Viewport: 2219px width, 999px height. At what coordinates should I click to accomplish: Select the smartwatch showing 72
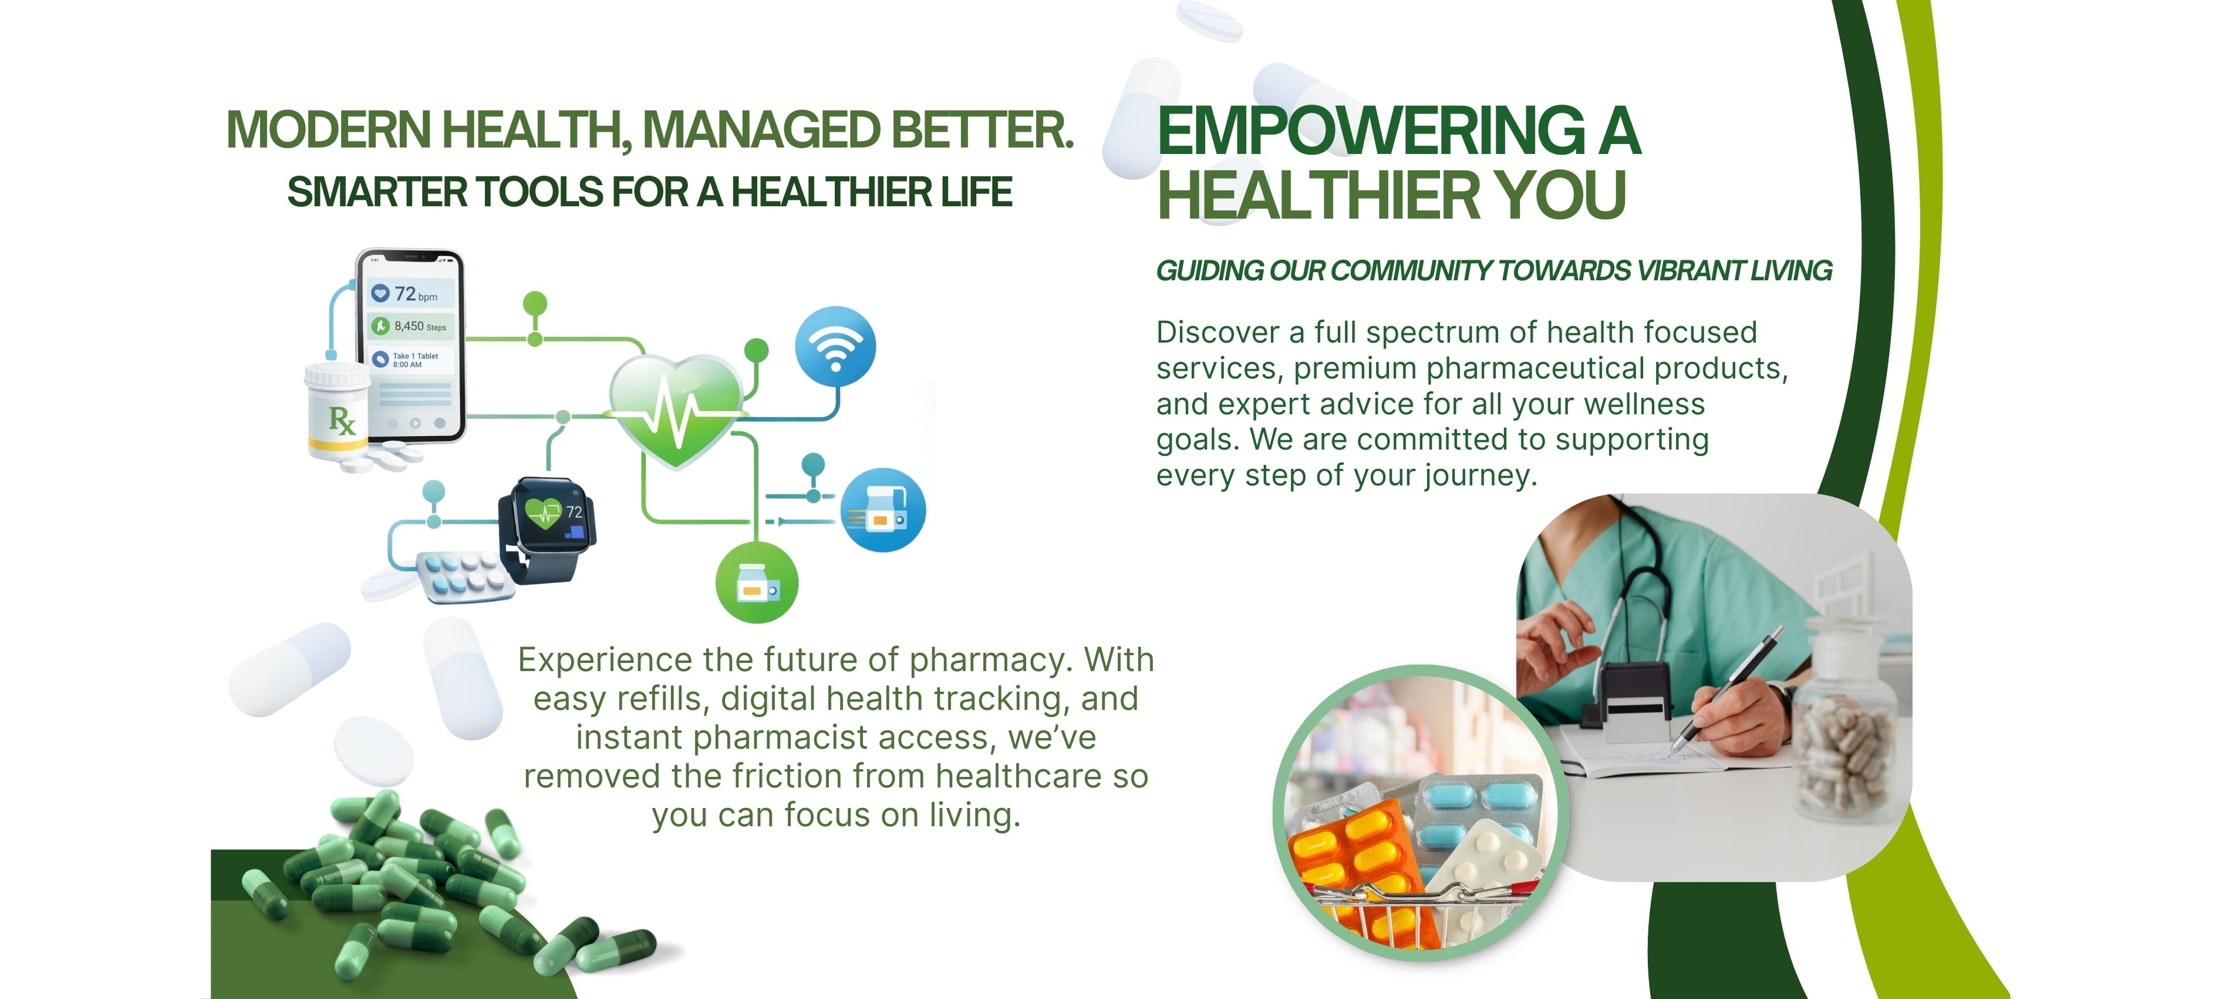(x=547, y=528)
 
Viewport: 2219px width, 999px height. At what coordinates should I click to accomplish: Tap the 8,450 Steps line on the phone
(x=409, y=326)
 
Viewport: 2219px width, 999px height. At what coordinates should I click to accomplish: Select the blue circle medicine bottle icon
(x=883, y=510)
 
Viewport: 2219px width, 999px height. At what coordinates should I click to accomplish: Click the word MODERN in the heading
(x=328, y=130)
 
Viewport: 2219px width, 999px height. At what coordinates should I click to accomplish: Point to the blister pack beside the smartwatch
(x=465, y=576)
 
